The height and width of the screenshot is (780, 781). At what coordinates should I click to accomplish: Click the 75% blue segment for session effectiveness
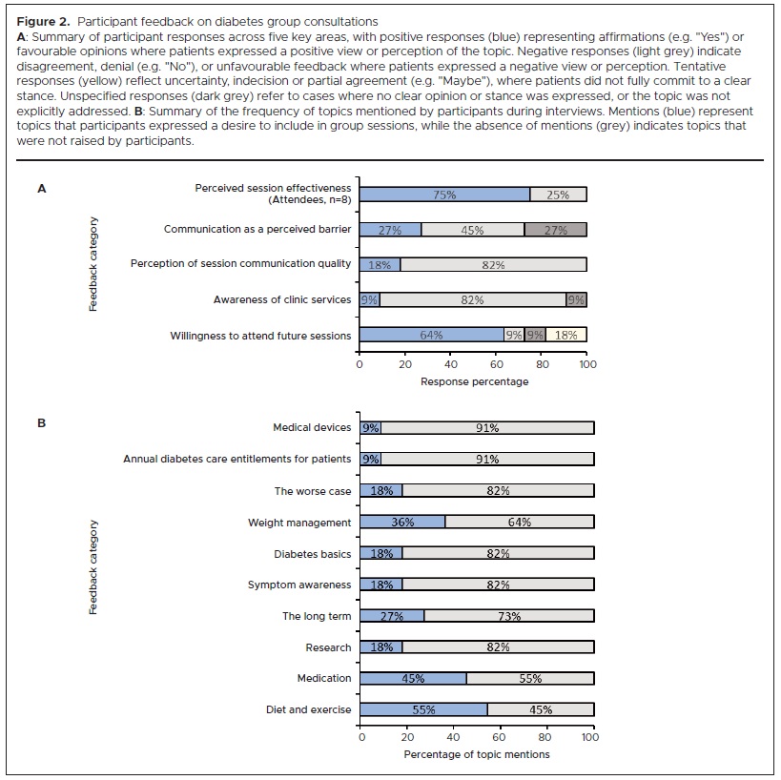(444, 195)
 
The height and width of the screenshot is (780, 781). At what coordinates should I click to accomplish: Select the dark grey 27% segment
(555, 230)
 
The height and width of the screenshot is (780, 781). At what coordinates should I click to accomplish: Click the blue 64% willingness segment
(431, 335)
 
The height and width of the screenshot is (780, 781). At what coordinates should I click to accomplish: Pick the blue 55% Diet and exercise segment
(424, 709)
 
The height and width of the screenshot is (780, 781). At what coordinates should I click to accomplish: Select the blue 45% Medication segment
(413, 679)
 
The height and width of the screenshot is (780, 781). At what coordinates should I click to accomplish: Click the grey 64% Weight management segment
(519, 523)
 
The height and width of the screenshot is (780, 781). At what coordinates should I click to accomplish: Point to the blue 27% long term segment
(392, 616)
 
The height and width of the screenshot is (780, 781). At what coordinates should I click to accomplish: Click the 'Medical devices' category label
(312, 428)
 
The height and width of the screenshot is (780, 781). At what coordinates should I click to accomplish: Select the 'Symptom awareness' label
(299, 585)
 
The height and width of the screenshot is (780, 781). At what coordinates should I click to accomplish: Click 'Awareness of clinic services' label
(282, 300)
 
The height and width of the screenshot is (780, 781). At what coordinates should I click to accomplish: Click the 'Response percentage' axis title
(474, 381)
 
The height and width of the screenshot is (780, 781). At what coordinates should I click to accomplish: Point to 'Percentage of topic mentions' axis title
(476, 755)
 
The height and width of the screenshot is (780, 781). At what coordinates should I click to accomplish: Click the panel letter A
(41, 189)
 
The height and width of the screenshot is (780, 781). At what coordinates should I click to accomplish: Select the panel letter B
(41, 421)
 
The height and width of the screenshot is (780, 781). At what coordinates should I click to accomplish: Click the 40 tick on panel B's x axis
(453, 737)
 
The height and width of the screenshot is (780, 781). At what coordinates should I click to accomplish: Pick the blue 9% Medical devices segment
(371, 428)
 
